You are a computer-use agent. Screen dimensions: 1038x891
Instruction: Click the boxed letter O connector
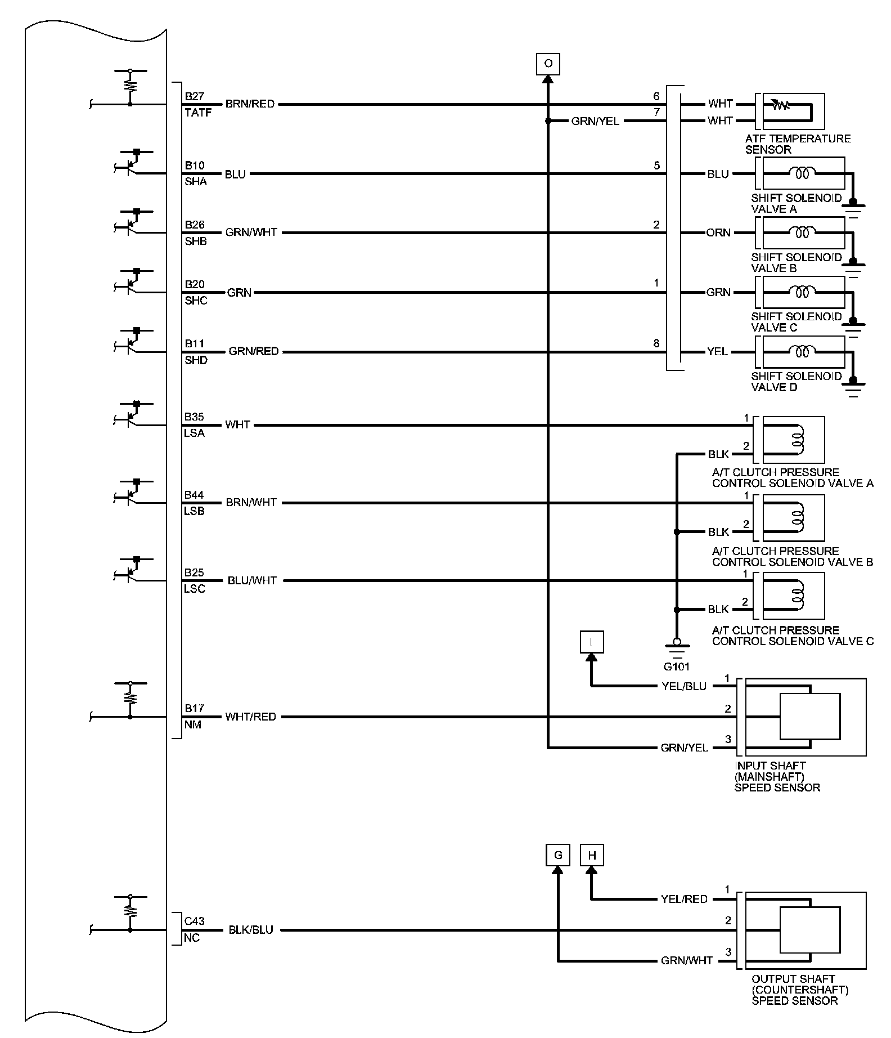(548, 64)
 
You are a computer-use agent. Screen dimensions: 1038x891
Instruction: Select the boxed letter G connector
(557, 855)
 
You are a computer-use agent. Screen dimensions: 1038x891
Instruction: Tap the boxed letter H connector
(591, 855)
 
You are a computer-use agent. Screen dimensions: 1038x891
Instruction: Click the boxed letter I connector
(591, 642)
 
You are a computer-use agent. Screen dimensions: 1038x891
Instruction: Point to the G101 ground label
(676, 667)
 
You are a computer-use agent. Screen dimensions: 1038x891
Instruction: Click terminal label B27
(195, 96)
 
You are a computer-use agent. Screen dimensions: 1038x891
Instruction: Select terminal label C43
(195, 921)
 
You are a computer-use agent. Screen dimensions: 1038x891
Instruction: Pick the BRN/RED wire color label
(250, 104)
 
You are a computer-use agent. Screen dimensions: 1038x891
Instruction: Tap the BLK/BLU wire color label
(251, 930)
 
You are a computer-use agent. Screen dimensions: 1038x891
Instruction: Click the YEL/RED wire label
(684, 899)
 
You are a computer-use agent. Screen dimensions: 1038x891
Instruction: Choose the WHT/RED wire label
(250, 717)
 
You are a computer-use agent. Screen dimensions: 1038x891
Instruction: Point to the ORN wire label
(718, 232)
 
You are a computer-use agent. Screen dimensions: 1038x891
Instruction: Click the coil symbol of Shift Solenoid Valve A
(803, 173)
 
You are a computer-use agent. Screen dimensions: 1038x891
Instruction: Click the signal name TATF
(198, 113)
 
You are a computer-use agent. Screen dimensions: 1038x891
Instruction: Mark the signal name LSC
(195, 589)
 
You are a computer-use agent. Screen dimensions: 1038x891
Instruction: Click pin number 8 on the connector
(656, 343)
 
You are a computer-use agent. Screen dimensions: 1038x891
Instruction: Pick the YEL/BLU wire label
(683, 686)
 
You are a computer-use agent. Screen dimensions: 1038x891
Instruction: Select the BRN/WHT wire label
(251, 502)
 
